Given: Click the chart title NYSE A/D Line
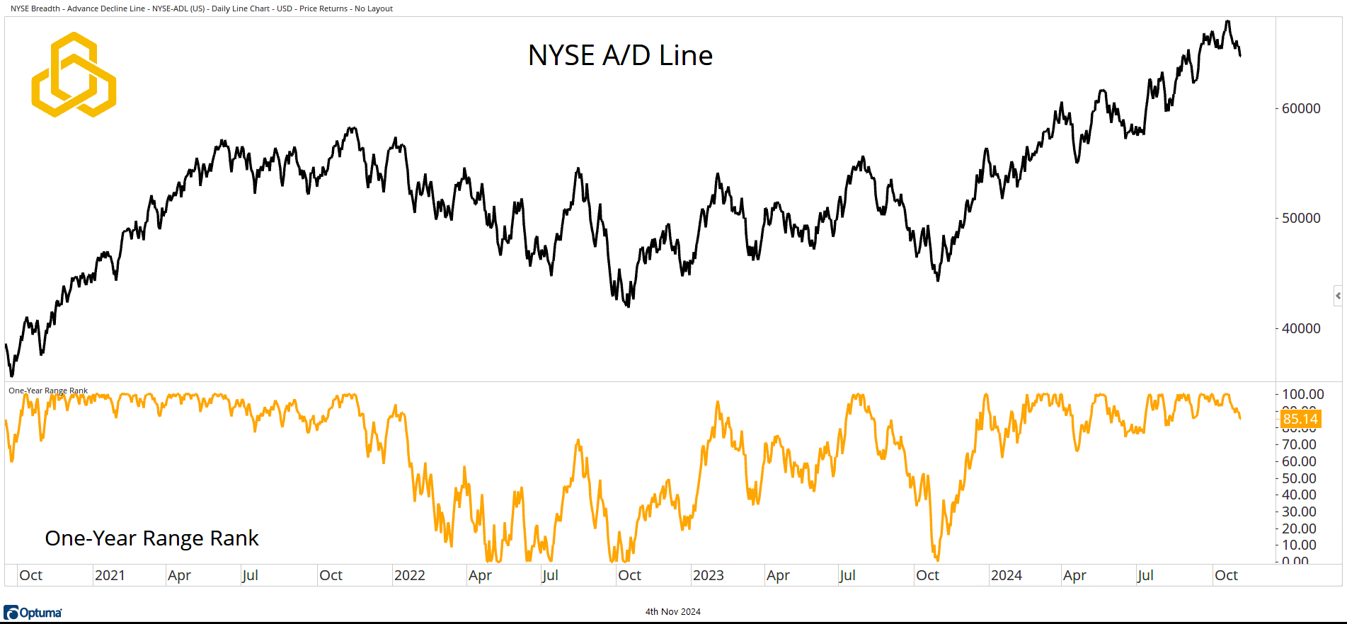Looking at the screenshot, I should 620,55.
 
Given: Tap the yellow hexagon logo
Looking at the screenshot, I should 74,75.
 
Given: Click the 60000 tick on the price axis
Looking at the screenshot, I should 1301,108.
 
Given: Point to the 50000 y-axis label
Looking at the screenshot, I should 1301,218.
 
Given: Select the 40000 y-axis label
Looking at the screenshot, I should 1301,328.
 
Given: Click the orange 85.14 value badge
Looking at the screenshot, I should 1300,419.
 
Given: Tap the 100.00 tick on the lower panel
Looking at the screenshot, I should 1302,394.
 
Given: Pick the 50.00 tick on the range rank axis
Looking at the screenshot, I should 1299,478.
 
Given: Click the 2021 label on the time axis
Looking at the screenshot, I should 110,575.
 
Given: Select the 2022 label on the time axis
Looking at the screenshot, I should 409,575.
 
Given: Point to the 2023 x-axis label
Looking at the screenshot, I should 708,575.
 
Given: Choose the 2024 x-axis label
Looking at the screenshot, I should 1006,575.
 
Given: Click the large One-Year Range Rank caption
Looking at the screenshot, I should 151,538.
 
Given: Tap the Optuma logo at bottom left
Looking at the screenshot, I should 33,613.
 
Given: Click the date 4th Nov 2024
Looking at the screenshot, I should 672,612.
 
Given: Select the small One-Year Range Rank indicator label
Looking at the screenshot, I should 48,391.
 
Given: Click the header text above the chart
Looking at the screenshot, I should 202,8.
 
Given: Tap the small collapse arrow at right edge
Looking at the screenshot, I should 1338,296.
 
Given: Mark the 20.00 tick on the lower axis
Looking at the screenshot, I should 1299,528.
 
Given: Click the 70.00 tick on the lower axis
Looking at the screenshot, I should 1299,444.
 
